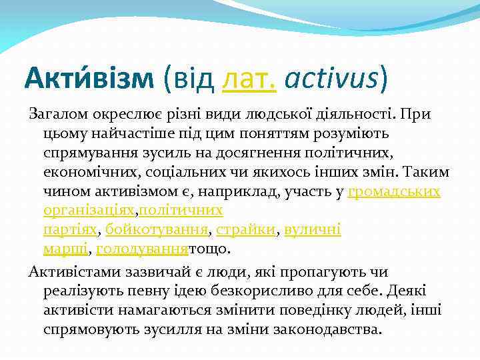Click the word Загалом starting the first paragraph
(55, 114)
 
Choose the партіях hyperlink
(70, 230)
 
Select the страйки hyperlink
(246, 230)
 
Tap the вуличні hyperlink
(313, 230)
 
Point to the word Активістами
(67, 272)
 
